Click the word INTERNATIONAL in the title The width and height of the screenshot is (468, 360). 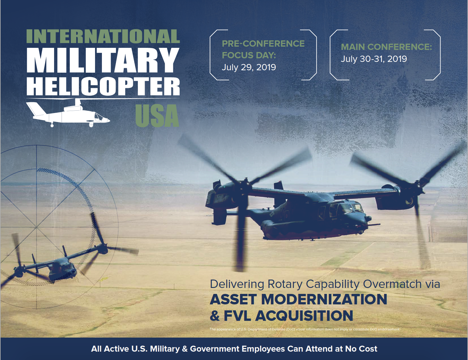click(x=103, y=36)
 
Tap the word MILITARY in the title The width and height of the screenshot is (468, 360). click(x=103, y=60)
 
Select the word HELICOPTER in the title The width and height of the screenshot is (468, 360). click(x=103, y=86)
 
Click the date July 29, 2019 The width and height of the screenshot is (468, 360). click(x=249, y=67)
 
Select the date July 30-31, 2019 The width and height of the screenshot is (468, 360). click(x=374, y=59)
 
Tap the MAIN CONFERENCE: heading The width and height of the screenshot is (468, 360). click(x=386, y=47)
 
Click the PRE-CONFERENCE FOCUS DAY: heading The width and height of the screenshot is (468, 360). click(x=263, y=49)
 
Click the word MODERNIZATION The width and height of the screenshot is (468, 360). click(x=324, y=299)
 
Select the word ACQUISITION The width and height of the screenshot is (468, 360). click(x=304, y=316)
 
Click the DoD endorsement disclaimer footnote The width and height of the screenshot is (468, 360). click(x=305, y=330)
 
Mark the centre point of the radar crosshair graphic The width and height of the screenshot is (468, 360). click(x=37, y=227)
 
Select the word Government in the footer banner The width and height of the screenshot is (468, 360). click(x=221, y=349)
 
